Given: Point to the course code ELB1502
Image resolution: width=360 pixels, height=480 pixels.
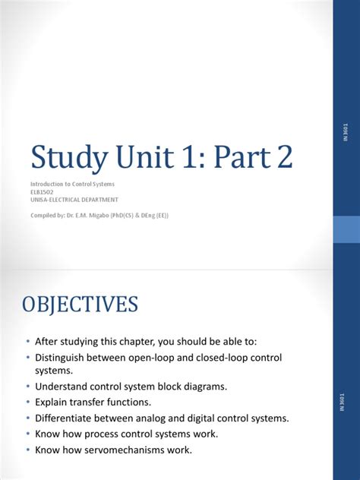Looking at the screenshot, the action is [43, 191].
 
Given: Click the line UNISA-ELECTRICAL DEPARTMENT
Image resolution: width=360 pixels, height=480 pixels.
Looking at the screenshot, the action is [74, 200].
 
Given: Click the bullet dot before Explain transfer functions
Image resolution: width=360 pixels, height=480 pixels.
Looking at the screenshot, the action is [28, 402].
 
